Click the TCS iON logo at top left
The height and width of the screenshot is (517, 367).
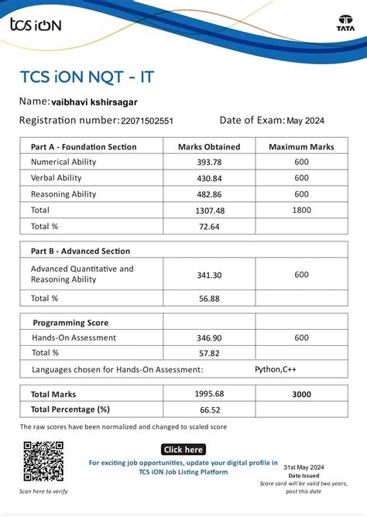pos(35,25)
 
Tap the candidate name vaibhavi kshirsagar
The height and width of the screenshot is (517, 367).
pos(94,101)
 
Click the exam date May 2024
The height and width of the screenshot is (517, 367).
pos(305,121)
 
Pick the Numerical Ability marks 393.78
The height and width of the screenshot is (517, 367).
pos(209,163)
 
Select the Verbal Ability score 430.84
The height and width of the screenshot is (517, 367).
pos(209,178)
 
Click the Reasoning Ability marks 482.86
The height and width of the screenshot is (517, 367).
pos(209,194)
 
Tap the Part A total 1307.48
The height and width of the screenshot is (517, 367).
pos(209,211)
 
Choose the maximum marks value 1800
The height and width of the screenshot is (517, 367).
pos(301,211)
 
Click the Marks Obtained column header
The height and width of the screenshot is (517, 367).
pos(209,147)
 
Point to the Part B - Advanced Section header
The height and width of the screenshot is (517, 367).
pos(81,251)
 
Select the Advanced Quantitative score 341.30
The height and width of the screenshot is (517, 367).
pos(209,275)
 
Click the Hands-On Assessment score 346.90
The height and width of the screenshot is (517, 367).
pos(209,338)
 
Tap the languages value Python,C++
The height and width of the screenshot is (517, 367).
pos(276,369)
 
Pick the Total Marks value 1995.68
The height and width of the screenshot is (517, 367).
pos(209,394)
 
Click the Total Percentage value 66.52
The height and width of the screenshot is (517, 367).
pos(209,409)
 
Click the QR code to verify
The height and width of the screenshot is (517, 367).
pos(43,461)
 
